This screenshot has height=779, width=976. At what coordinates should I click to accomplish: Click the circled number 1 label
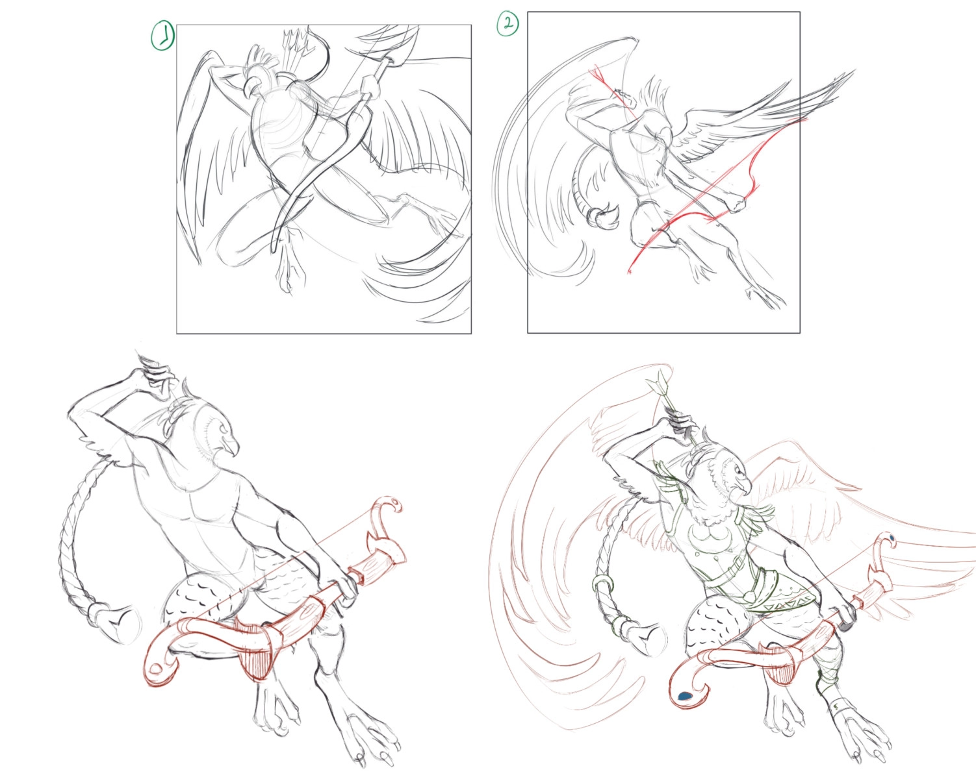(x=162, y=36)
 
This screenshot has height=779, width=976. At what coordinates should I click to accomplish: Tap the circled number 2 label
(x=507, y=23)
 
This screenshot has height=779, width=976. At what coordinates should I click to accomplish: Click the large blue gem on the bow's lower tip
(x=683, y=696)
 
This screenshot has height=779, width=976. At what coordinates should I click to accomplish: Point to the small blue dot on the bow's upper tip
(x=892, y=538)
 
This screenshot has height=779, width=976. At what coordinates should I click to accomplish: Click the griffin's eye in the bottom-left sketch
(x=222, y=428)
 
